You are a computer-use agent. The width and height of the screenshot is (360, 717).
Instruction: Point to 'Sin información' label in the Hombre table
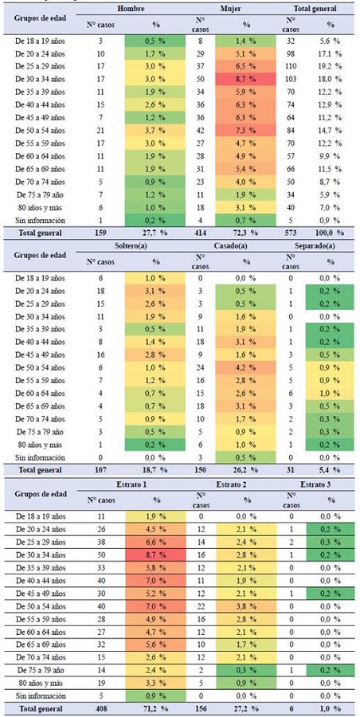click(41, 219)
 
